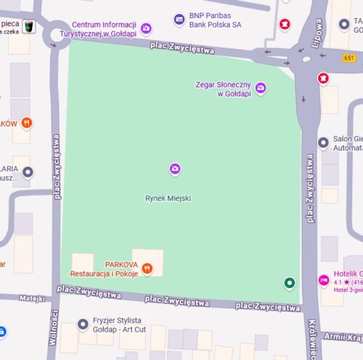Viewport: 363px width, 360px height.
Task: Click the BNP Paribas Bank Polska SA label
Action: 214,20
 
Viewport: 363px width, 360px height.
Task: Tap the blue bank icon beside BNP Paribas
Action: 179,20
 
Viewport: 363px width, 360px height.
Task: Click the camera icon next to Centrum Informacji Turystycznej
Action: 146,29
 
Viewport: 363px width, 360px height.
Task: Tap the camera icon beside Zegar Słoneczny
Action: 260,89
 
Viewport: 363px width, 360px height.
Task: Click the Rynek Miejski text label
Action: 168,197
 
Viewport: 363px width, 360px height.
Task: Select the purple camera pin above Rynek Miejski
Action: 174,169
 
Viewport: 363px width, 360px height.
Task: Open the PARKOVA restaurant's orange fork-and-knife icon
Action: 147,269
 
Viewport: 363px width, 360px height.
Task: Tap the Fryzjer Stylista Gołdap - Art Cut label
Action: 117,325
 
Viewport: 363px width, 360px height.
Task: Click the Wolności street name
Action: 54,328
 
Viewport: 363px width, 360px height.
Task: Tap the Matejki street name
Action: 32,298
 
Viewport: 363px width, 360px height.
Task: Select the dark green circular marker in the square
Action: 290,283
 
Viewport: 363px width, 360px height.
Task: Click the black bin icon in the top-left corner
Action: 29,26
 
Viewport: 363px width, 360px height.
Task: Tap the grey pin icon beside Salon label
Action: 323,143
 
